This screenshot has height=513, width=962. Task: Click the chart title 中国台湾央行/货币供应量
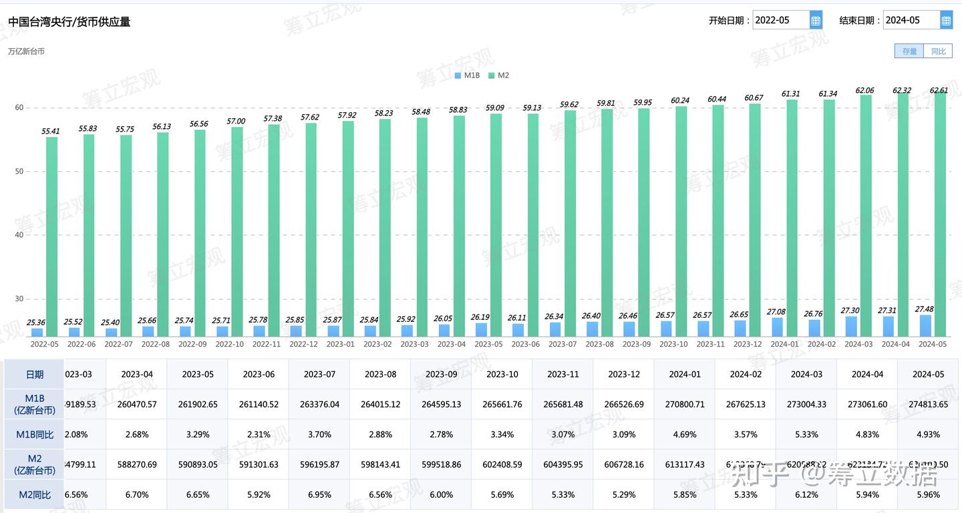coord(69,22)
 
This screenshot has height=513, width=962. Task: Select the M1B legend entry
coord(467,75)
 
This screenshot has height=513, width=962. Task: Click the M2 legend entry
coord(498,75)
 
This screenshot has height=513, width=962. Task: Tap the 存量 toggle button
coord(909,51)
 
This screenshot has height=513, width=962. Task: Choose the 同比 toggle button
coord(938,51)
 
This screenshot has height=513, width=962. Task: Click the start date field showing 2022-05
coord(780,20)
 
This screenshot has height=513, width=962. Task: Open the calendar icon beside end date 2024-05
coord(946,20)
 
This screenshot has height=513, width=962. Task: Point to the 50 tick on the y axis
coord(19,172)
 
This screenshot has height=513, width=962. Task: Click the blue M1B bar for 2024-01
coord(777,327)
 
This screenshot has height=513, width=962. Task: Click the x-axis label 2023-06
coord(525,344)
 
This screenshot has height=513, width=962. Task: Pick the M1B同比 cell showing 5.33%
coord(806,434)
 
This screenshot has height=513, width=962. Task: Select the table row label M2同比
coord(34,495)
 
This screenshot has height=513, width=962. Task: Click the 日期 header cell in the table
coord(34,374)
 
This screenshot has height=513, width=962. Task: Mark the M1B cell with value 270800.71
coord(684,404)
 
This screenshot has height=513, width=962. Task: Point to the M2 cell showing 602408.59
coord(501,464)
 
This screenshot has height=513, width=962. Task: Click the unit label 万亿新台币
coord(26,51)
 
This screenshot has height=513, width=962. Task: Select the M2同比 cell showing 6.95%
coord(319,495)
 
